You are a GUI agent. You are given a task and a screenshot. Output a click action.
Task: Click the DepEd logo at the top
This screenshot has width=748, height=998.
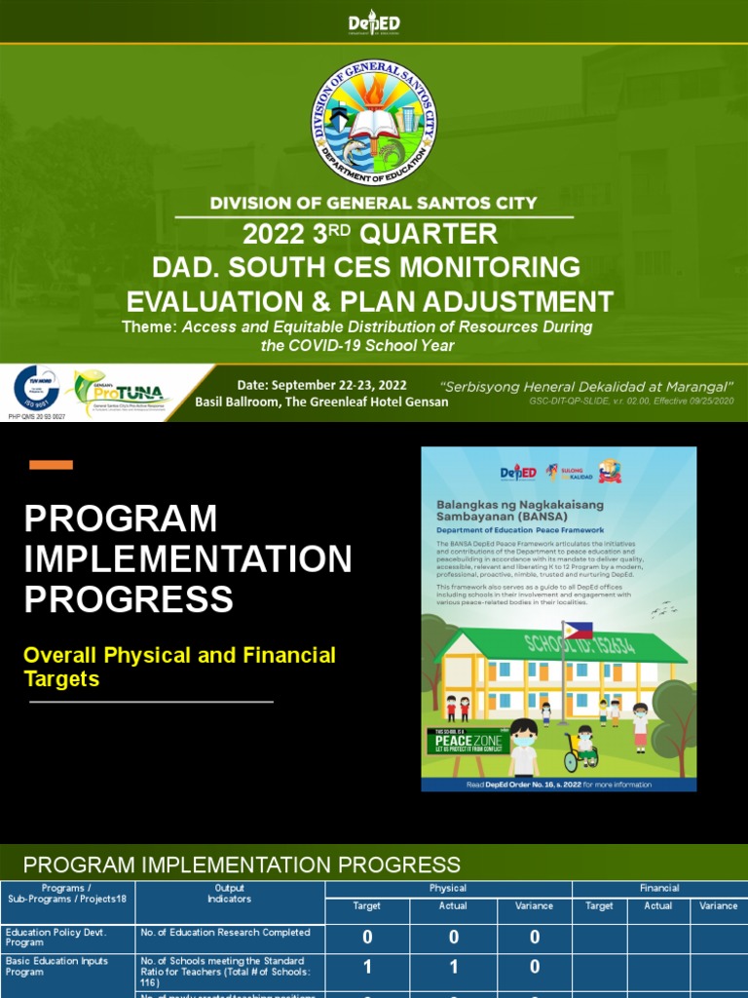(374, 23)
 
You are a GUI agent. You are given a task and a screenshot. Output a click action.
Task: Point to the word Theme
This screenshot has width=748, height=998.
(148, 327)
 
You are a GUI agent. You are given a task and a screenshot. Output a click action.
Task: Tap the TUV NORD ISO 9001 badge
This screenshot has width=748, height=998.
(37, 390)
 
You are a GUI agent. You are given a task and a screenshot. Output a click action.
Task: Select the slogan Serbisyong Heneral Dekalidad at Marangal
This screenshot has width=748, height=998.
(586, 386)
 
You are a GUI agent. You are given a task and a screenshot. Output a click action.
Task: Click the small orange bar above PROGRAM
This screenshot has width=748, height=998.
(51, 465)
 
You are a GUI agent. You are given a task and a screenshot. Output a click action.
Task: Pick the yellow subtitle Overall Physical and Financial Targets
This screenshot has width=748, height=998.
(179, 667)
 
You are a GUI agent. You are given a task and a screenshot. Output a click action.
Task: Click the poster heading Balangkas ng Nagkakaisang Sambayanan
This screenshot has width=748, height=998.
(520, 510)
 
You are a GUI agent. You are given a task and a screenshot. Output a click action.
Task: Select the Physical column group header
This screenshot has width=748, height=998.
(448, 888)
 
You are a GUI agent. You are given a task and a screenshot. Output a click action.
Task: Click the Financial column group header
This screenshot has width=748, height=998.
(658, 888)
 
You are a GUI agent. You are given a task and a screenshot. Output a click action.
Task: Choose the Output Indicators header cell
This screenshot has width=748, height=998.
(230, 894)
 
